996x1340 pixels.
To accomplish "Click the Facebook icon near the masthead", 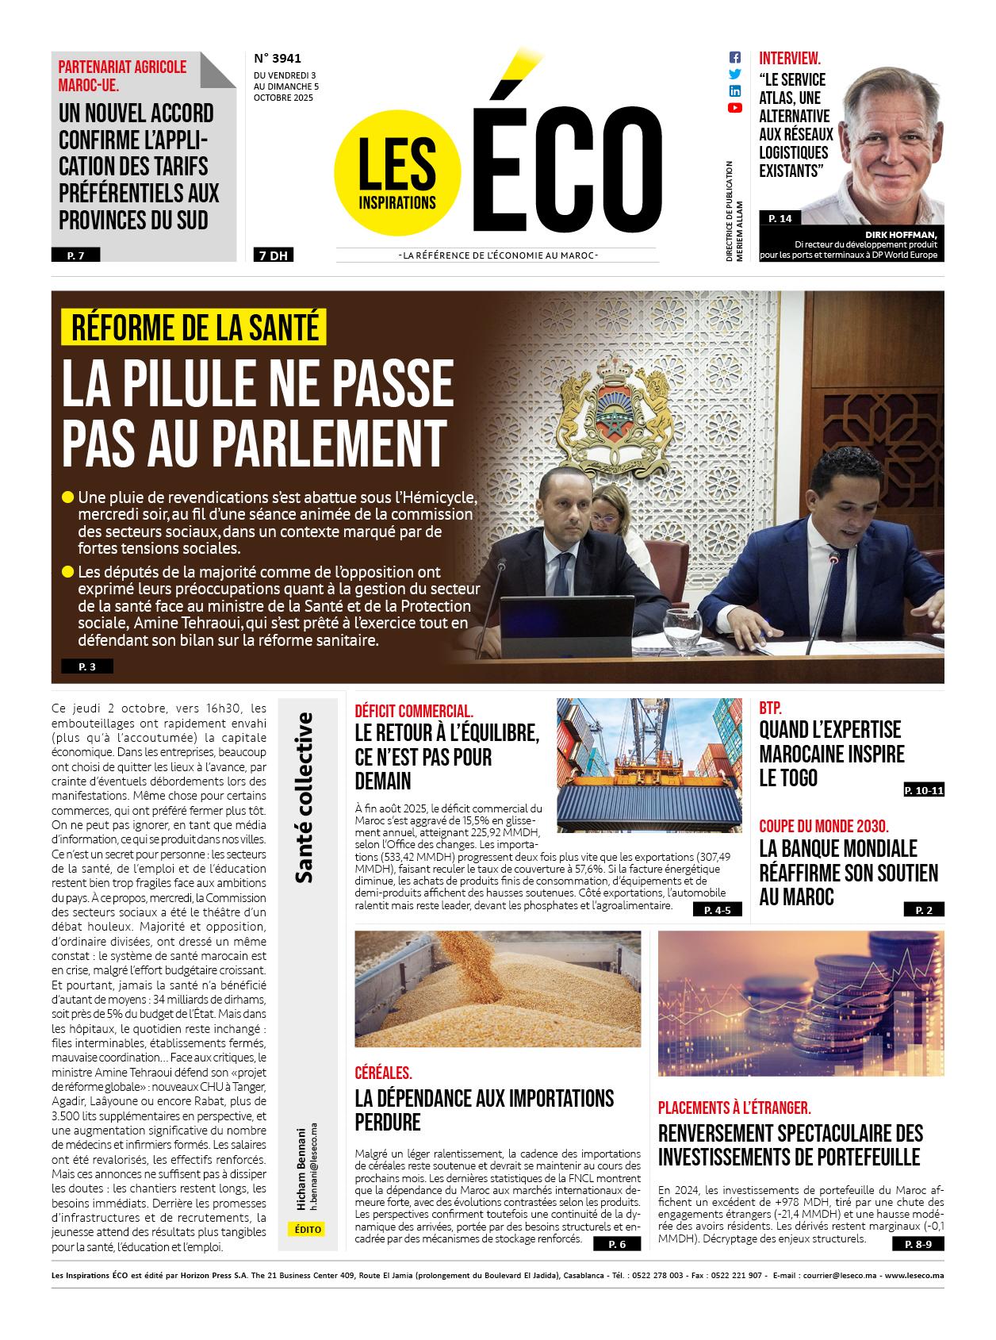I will (x=734, y=58).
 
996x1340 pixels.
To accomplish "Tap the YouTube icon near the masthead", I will (x=734, y=108).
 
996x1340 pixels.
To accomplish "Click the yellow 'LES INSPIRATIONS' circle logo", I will (x=397, y=175).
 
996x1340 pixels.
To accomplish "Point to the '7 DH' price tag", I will (x=272, y=255).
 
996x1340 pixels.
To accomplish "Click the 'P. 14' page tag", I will (x=780, y=218).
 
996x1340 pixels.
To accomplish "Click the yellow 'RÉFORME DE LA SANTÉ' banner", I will (x=195, y=327).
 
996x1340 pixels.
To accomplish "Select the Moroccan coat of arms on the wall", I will (x=609, y=415).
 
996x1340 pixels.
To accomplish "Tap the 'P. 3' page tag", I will (x=87, y=667).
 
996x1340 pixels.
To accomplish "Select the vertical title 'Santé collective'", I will (x=303, y=797).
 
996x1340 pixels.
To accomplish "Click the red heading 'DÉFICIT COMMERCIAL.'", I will (x=414, y=711).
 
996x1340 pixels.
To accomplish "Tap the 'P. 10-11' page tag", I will (x=924, y=790).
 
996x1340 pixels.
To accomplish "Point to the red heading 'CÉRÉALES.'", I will (x=384, y=1073).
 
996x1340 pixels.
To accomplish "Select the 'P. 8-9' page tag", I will (x=924, y=1245).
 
